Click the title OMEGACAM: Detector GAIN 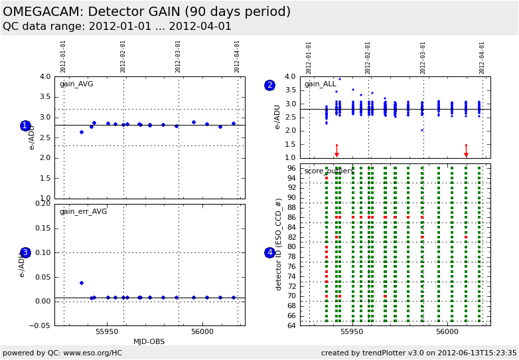pos(147,12)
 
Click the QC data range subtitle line pos(117,27)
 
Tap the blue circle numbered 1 pos(25,126)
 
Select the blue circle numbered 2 pos(269,85)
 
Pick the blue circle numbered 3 pos(25,252)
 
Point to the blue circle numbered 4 pos(269,252)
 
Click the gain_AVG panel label pos(76,84)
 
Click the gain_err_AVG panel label pos(83,211)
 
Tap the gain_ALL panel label pos(321,84)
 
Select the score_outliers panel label pos(329,171)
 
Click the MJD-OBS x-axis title pos(149,341)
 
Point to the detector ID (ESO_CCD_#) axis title pos(279,244)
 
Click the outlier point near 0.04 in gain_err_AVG pos(82,283)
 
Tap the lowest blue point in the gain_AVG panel pos(82,132)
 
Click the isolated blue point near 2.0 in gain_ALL pos(421,130)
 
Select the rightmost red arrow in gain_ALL pos(466,153)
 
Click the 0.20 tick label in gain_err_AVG pos(42,204)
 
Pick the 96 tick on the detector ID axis pos(291,168)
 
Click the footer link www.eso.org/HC pos(87,353)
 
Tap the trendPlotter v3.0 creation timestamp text pos(419,353)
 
